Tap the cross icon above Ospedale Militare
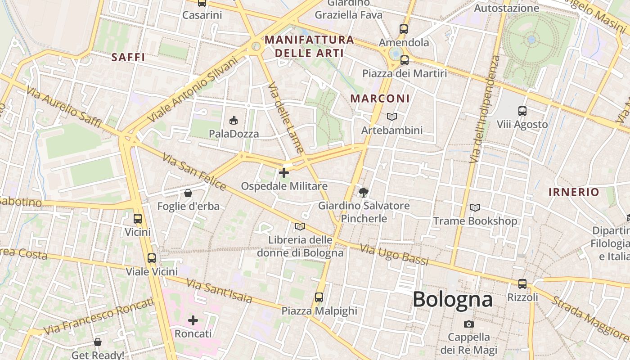tap(284, 172)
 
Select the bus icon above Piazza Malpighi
tap(319, 297)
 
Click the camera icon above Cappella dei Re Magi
tap(468, 324)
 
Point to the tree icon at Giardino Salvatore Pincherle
tap(363, 193)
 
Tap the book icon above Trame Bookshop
tap(475, 207)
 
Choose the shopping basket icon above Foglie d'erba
tap(188, 193)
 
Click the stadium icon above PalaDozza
tap(234, 120)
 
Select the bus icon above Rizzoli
tap(522, 284)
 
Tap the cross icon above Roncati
tap(193, 320)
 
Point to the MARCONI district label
tap(380, 98)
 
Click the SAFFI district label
tap(128, 57)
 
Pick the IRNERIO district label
tap(574, 192)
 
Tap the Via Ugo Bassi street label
tap(394, 255)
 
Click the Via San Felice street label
tap(194, 171)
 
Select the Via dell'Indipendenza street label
tap(484, 109)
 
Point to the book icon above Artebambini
tap(392, 117)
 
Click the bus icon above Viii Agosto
tap(522, 111)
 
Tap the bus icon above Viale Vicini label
tap(152, 258)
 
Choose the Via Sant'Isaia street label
tap(219, 292)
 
